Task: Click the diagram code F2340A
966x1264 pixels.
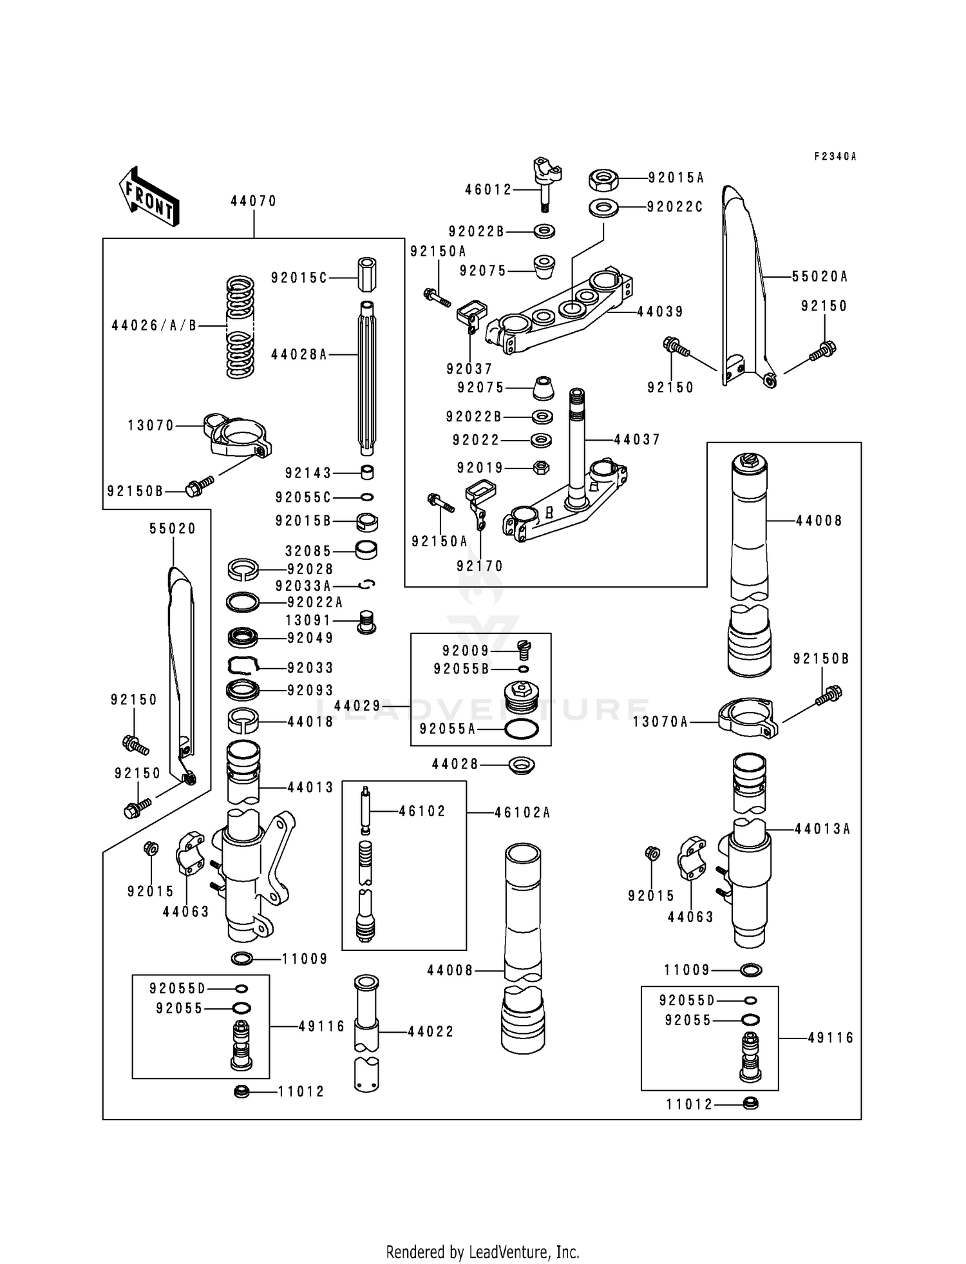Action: [x=835, y=157]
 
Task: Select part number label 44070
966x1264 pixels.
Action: [x=253, y=201]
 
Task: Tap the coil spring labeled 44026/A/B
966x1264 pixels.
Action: [x=240, y=327]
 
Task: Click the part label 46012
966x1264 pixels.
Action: [x=488, y=189]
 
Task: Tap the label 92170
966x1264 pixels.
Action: [x=480, y=566]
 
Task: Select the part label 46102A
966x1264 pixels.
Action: [x=522, y=812]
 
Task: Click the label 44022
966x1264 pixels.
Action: [x=431, y=1031]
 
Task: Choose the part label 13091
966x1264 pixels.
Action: [x=308, y=620]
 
